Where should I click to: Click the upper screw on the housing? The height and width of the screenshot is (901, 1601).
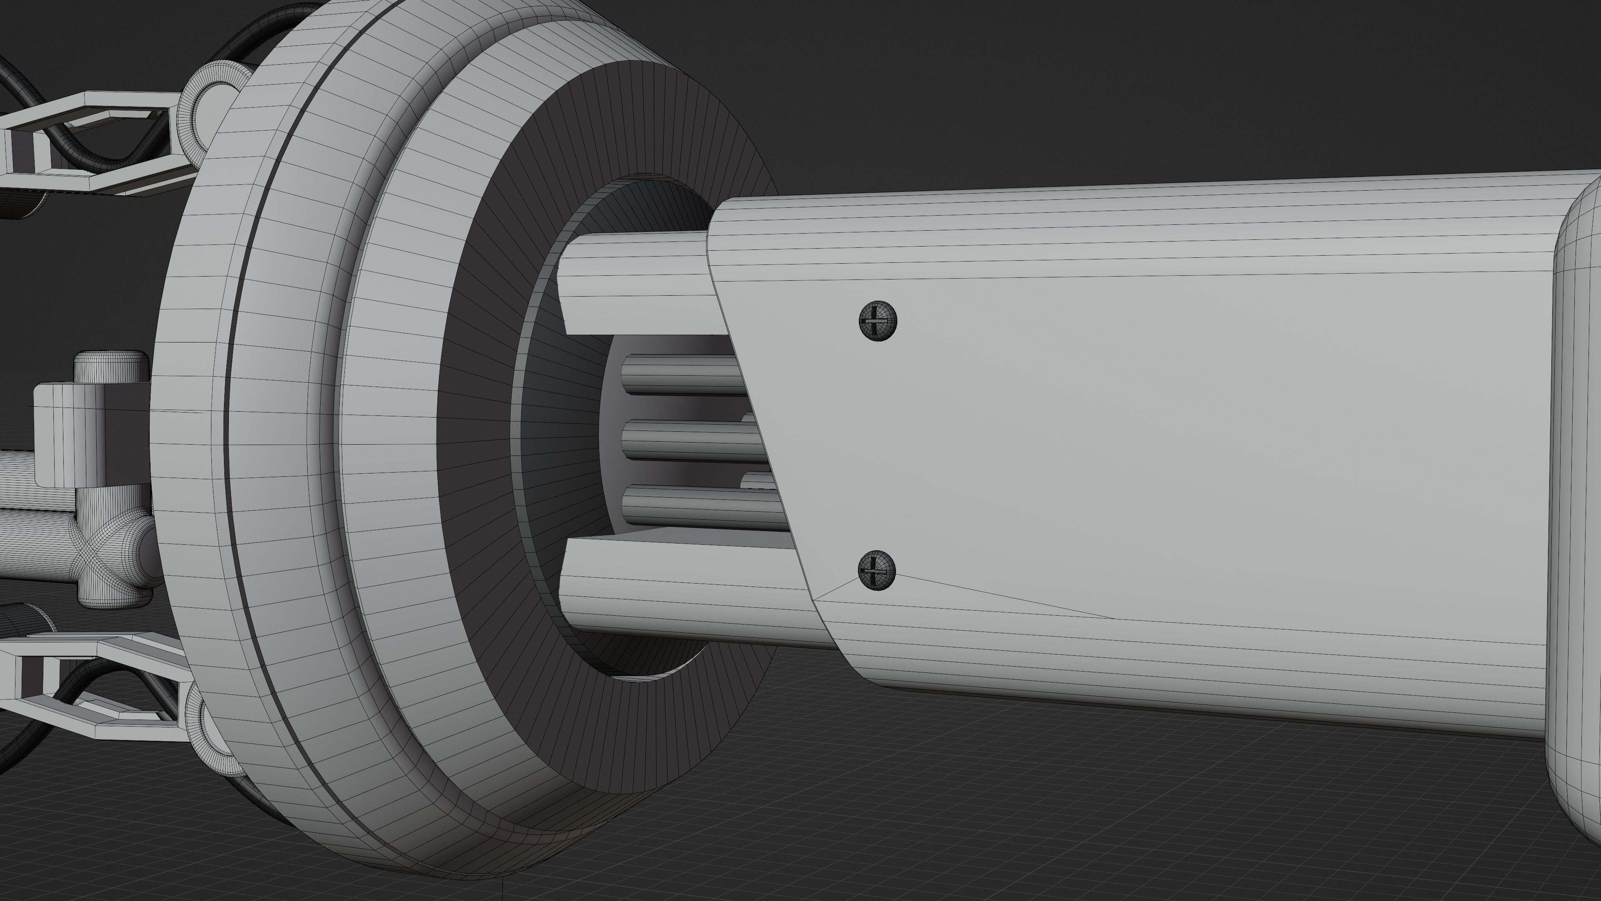[x=878, y=321]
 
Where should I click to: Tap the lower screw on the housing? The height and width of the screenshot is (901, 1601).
[x=876, y=570]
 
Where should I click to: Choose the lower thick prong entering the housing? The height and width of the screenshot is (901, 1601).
[x=684, y=591]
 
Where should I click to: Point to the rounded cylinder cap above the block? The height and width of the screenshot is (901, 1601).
[x=110, y=367]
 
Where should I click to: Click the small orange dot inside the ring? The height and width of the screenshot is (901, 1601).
[x=514, y=425]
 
